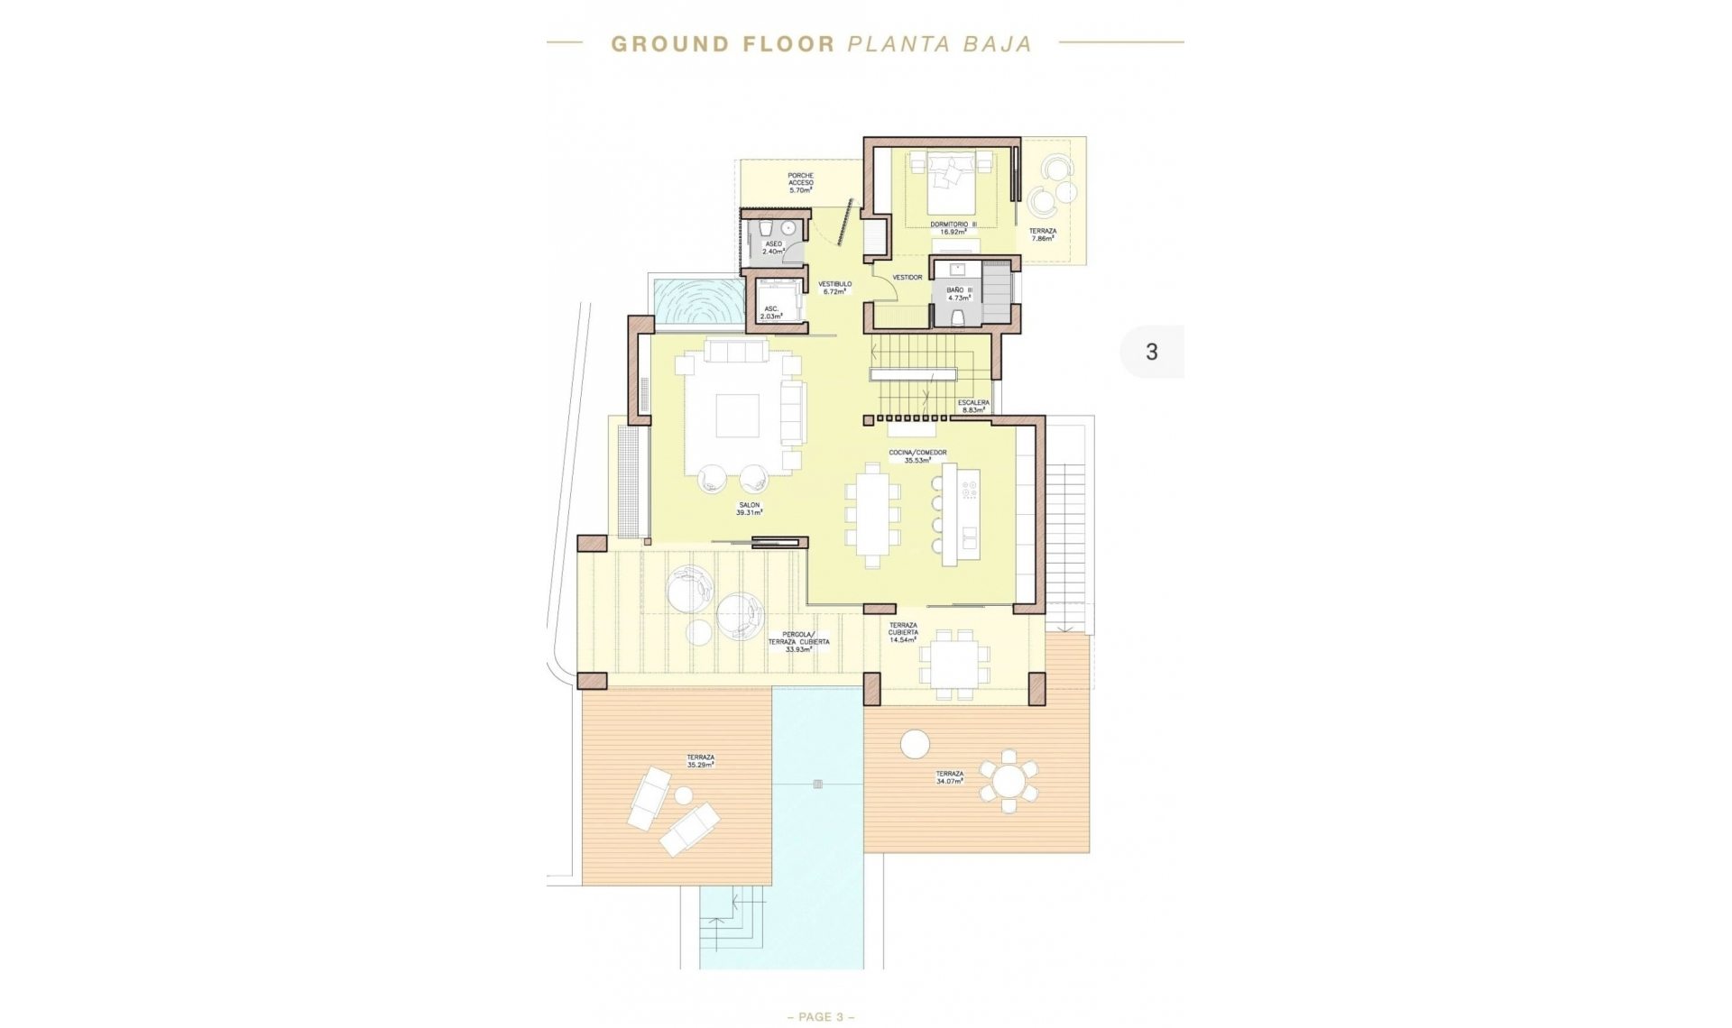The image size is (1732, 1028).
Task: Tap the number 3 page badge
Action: point(1151,352)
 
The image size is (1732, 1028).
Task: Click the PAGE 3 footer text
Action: point(821,1016)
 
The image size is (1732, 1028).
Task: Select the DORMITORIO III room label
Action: point(953,228)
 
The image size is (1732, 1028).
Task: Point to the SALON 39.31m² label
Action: point(749,509)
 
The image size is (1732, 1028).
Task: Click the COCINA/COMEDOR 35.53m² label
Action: point(917,456)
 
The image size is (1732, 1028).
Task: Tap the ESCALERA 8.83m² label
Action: point(973,406)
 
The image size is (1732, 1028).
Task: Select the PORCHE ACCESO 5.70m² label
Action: point(800,183)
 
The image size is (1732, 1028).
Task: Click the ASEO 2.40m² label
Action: point(773,248)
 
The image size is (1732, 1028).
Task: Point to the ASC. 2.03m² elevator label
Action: point(771,313)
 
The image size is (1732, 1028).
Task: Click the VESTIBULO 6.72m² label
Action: point(834,288)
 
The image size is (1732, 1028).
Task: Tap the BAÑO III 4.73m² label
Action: point(958,294)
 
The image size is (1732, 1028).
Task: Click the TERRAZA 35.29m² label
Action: point(700,761)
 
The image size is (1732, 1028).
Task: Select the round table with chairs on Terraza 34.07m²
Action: point(1009,781)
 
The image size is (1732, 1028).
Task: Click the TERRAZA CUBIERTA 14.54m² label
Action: point(903,632)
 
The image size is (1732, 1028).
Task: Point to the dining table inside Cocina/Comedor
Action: point(872,515)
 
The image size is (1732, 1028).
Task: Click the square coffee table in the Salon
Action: point(738,416)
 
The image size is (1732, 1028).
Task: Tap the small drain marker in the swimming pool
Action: point(817,784)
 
